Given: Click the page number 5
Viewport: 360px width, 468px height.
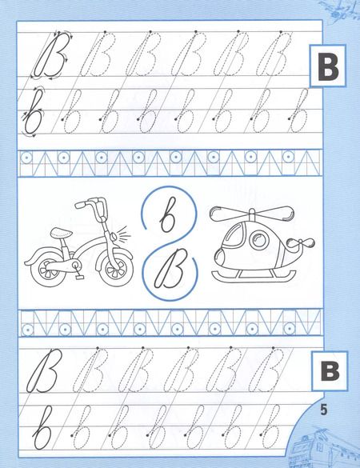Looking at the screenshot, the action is pyautogui.click(x=323, y=410).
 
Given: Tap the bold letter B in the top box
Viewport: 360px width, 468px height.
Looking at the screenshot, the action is pyautogui.click(x=328, y=66).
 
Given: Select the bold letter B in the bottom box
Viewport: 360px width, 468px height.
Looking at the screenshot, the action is pyautogui.click(x=330, y=371).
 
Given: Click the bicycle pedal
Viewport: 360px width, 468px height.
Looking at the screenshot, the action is pyautogui.click(x=79, y=277).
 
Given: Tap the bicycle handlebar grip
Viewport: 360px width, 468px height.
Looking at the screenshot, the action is pyautogui.click(x=81, y=205).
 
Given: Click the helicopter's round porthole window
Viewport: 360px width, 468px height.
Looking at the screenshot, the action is pyautogui.click(x=258, y=240).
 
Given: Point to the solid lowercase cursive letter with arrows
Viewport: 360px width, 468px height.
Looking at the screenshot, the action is pyautogui.click(x=33, y=113).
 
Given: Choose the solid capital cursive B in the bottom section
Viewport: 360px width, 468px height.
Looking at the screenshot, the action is pyautogui.click(x=42, y=371).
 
